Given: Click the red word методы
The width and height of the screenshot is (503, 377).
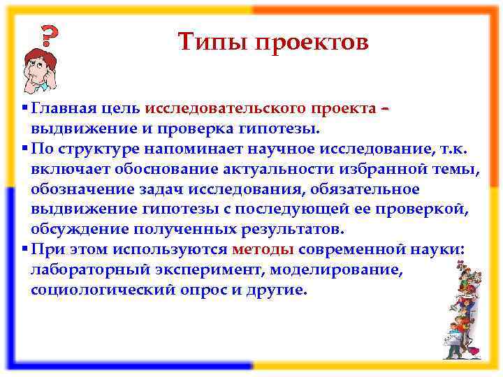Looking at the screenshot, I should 263,249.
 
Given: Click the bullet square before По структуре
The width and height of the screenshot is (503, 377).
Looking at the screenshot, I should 25,149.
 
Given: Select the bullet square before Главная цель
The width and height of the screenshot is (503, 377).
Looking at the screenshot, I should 25,109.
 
